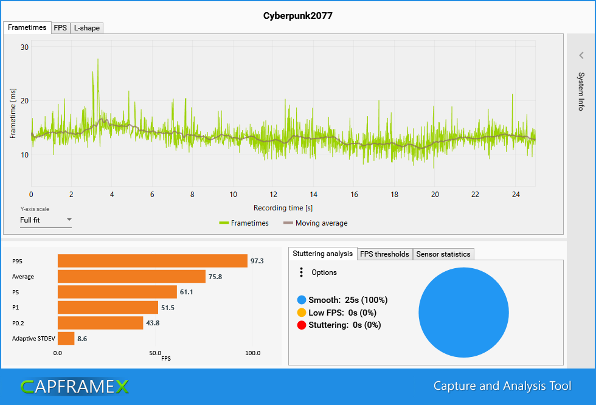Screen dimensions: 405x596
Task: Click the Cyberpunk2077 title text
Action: pyautogui.click(x=298, y=15)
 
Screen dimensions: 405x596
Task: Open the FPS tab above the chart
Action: pyautogui.click(x=60, y=28)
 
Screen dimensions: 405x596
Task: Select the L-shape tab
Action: pyautogui.click(x=86, y=28)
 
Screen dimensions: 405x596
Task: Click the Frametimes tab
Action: pyautogui.click(x=27, y=28)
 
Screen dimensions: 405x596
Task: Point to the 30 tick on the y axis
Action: pyautogui.click(x=25, y=47)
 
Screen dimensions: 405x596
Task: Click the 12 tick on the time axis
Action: pyautogui.click(x=273, y=195)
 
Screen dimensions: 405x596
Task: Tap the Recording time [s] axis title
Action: pyautogui.click(x=283, y=208)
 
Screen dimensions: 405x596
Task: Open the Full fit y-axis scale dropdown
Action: pyautogui.click(x=46, y=220)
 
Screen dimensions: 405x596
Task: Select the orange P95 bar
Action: pyautogui.click(x=152, y=261)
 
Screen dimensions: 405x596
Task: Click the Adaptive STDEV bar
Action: pyautogui.click(x=66, y=338)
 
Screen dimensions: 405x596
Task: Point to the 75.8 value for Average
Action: pyautogui.click(x=215, y=277)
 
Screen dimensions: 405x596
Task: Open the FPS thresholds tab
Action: pyautogui.click(x=384, y=254)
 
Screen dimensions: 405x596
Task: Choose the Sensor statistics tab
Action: pyautogui.click(x=443, y=254)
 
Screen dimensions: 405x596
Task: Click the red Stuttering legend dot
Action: pyautogui.click(x=302, y=325)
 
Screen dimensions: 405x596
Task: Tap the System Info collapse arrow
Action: pyautogui.click(x=581, y=55)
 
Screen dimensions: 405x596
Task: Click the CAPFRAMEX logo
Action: pyautogui.click(x=74, y=386)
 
